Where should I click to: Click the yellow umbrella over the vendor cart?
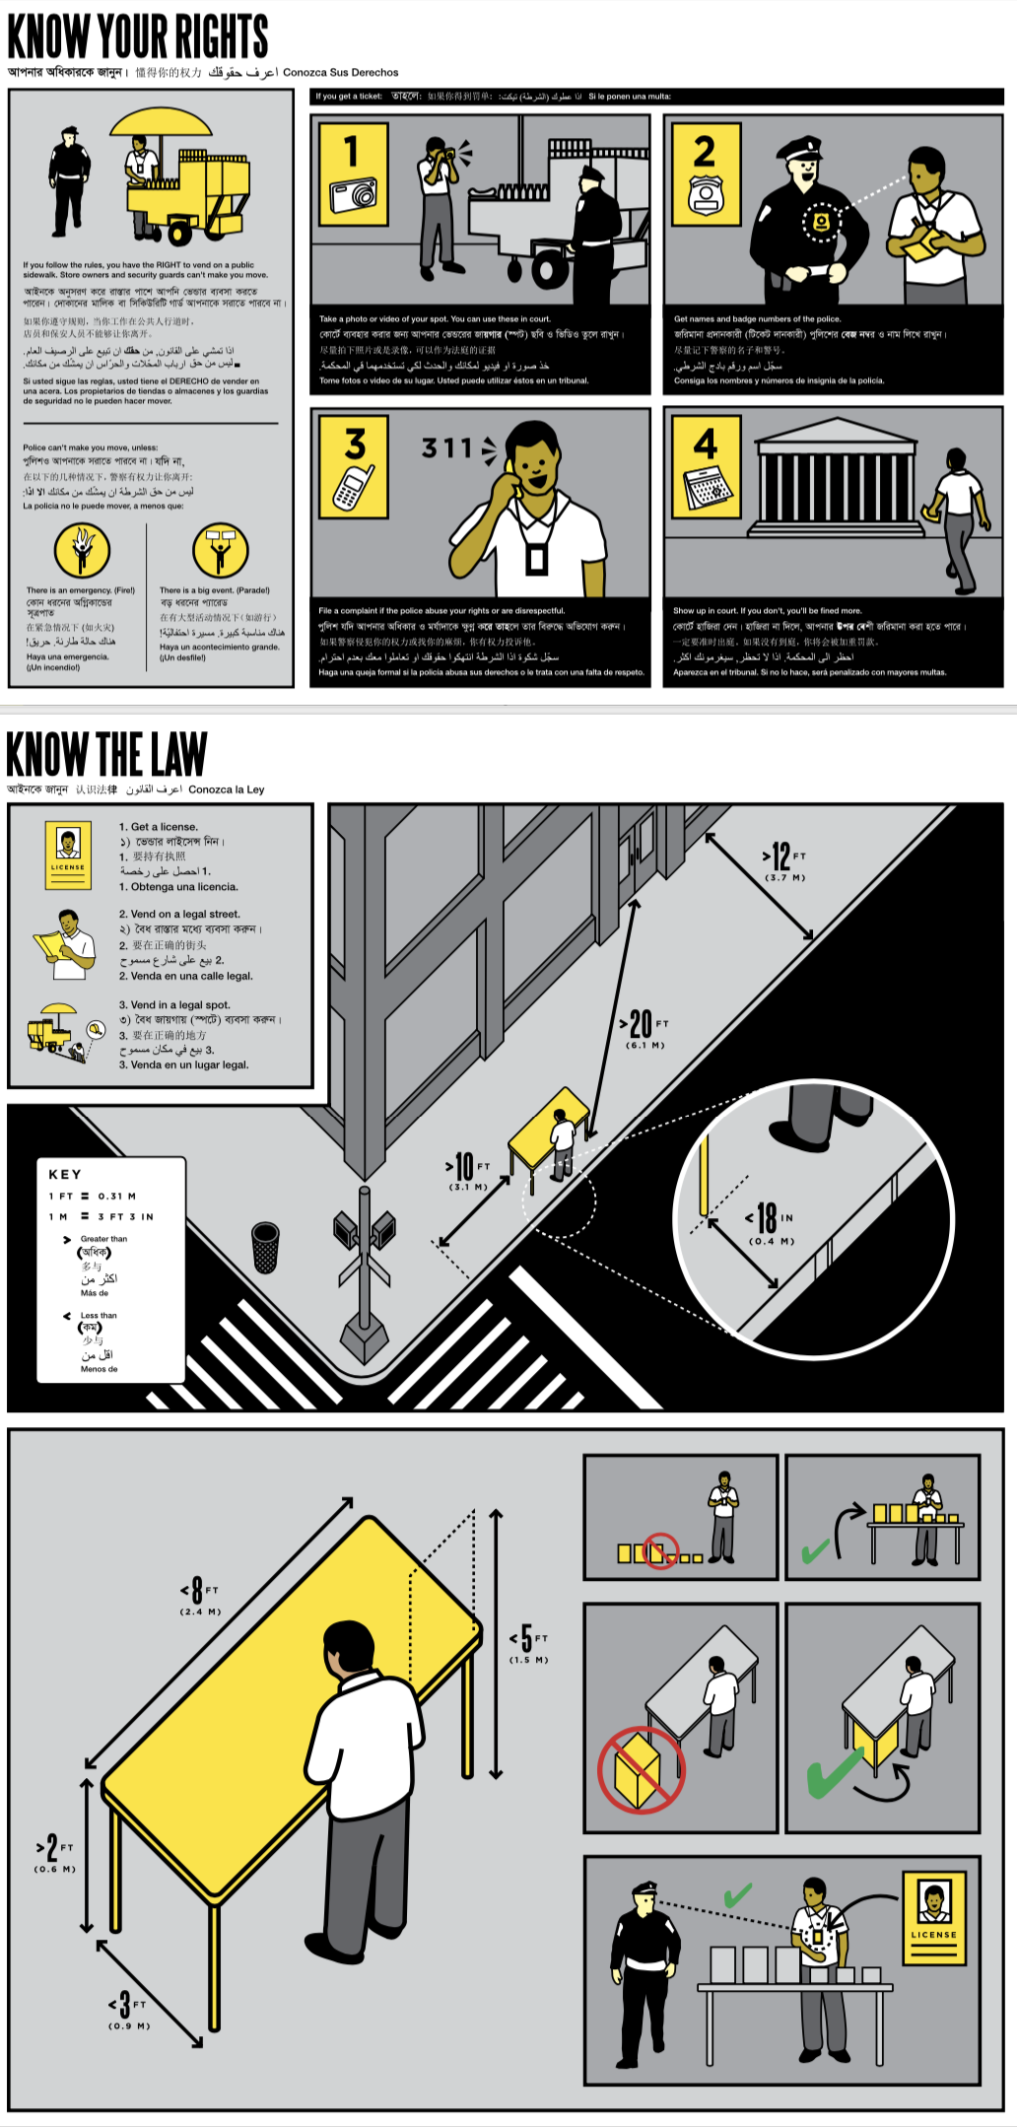click(x=161, y=123)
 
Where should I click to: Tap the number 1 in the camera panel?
click(x=352, y=151)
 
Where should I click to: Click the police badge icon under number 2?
click(x=706, y=195)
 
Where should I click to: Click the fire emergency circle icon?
click(x=82, y=550)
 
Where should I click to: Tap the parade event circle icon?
click(x=220, y=550)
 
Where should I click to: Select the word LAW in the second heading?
click(x=178, y=755)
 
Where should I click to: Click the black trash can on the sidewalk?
click(x=265, y=1247)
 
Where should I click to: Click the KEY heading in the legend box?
click(x=65, y=1174)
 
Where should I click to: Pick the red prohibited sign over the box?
click(x=642, y=1769)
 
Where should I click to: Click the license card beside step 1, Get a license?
click(x=68, y=849)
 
